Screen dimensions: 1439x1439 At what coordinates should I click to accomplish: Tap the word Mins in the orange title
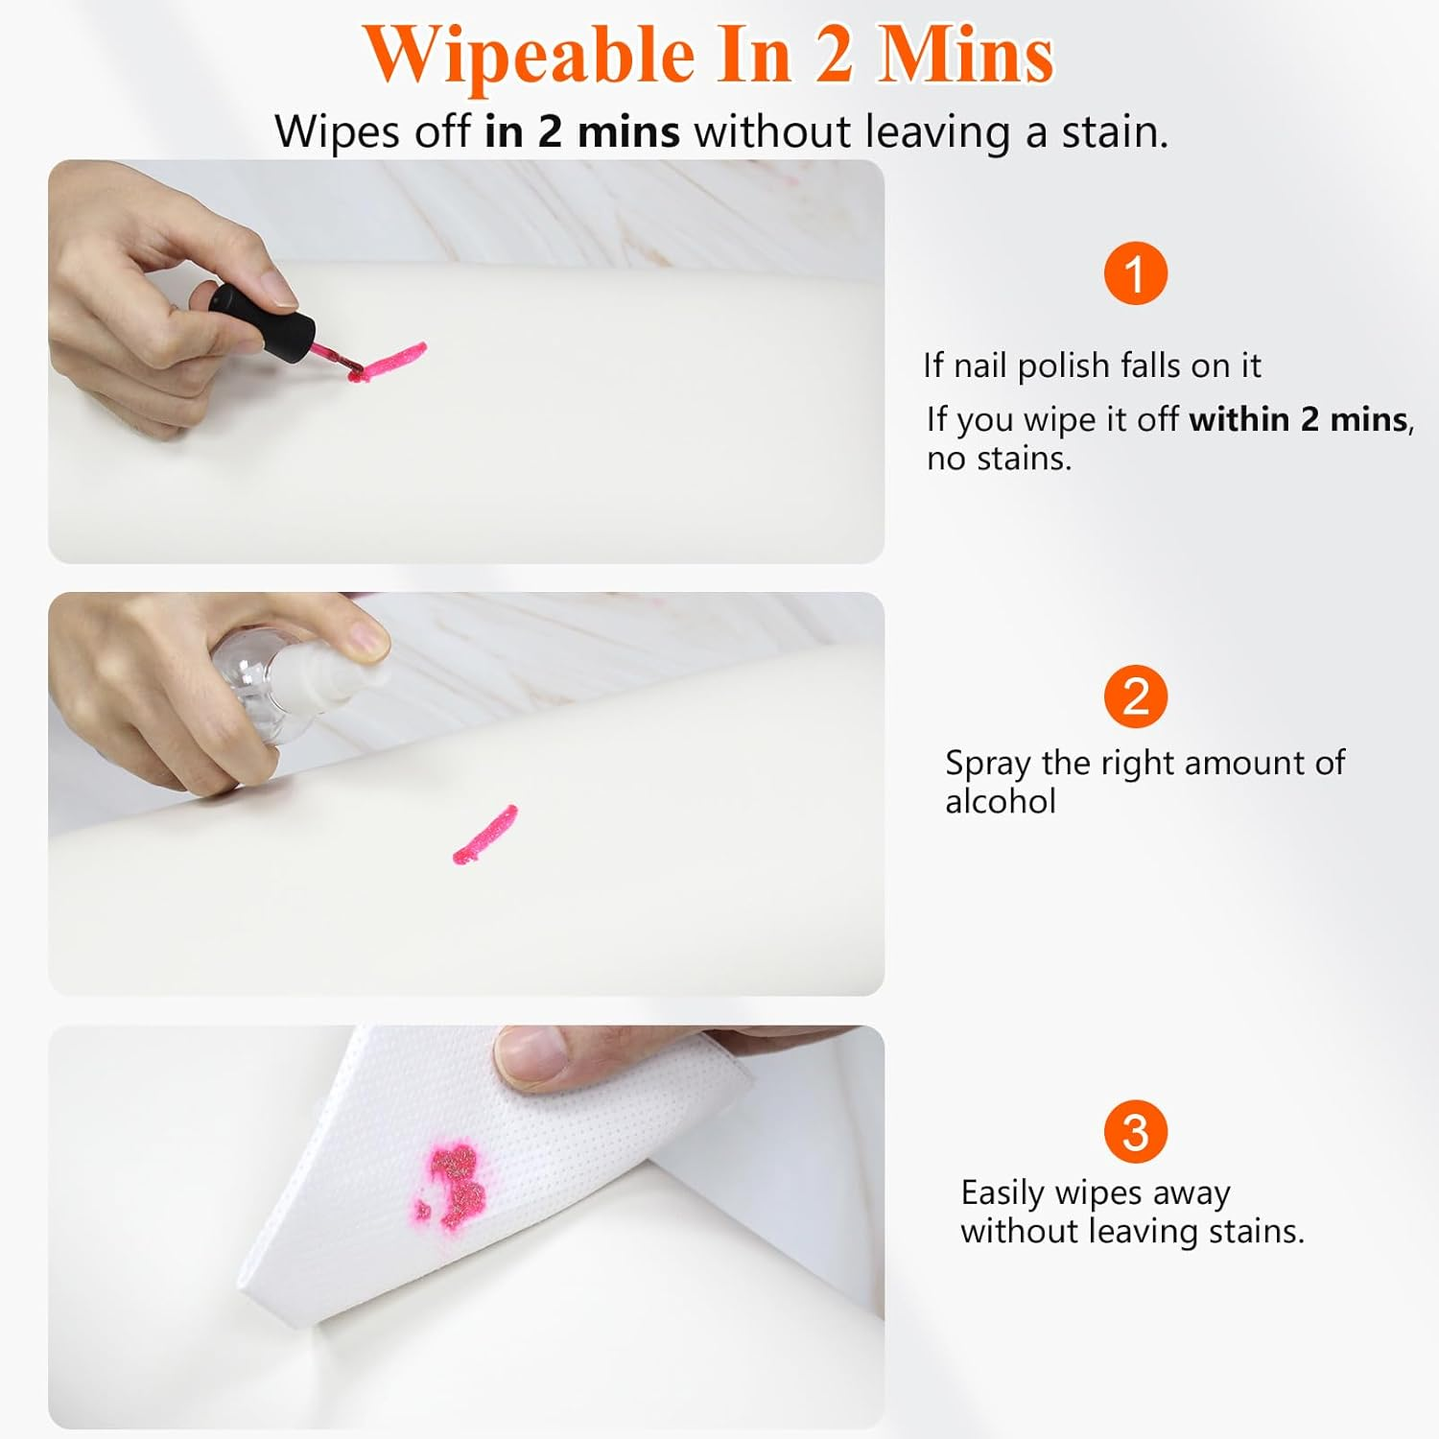pos(965,56)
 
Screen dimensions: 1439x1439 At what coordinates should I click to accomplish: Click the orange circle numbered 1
pos(1135,273)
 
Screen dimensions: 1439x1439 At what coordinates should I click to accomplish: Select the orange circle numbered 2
pos(1135,696)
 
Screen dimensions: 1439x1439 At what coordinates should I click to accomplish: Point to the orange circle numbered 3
pos(1135,1132)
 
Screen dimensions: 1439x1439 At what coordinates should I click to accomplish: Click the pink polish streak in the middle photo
pos(484,834)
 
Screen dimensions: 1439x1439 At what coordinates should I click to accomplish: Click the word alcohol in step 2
pos(1000,801)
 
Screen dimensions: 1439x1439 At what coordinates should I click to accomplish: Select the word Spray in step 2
pos(988,764)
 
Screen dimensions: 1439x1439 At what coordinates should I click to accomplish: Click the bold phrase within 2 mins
pos(1298,419)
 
